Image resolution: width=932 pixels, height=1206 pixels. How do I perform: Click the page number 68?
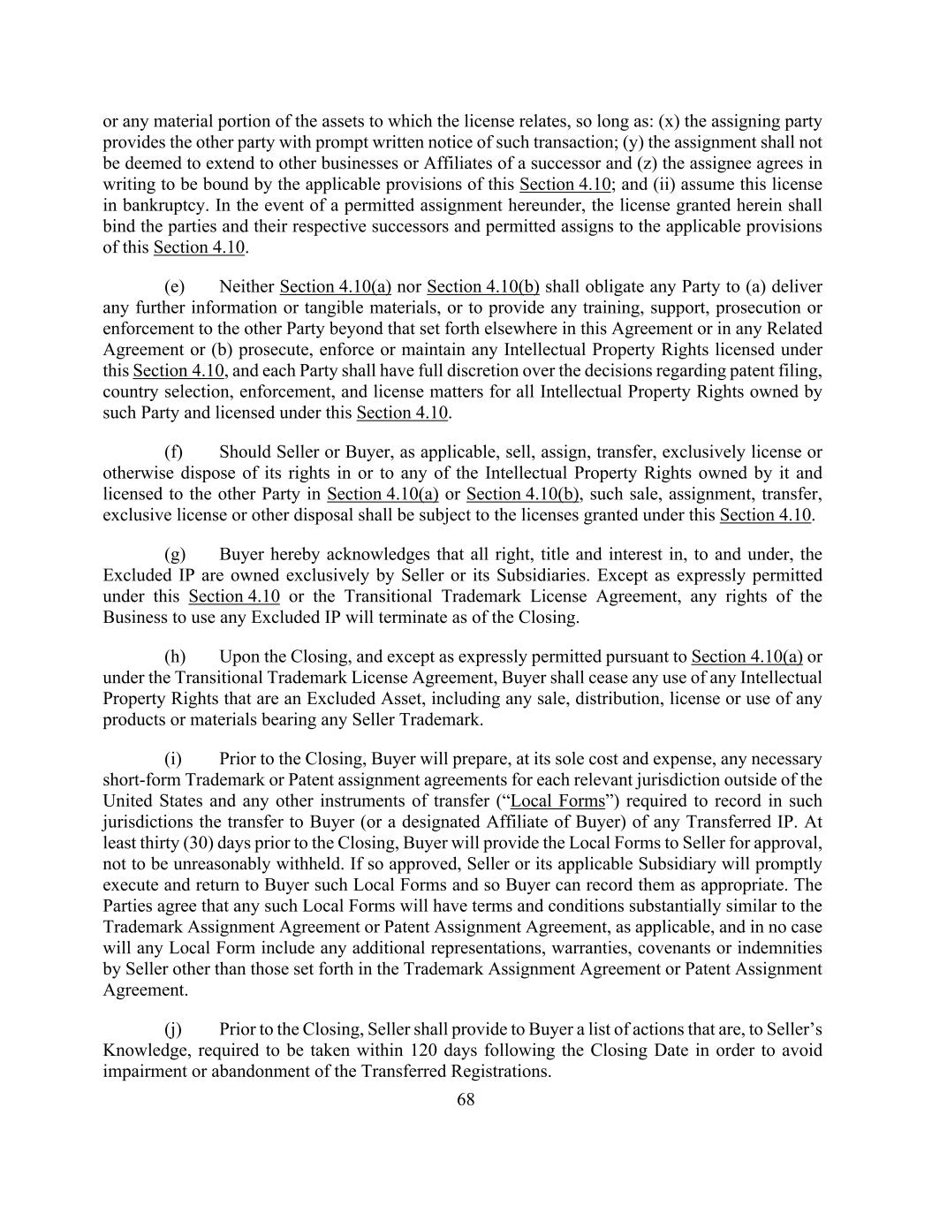[x=466, y=1099]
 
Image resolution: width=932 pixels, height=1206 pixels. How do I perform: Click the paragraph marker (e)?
[x=174, y=286]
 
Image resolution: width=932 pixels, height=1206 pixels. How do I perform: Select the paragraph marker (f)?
[x=174, y=451]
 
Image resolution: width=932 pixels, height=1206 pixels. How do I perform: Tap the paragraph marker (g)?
[x=175, y=554]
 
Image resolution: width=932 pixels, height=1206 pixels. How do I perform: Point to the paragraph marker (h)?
[x=175, y=656]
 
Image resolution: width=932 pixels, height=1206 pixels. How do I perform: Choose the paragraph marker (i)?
[x=173, y=759]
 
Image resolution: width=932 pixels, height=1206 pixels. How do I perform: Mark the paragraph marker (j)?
[x=173, y=1029]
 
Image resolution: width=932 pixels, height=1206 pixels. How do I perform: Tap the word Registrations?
[x=499, y=1071]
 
